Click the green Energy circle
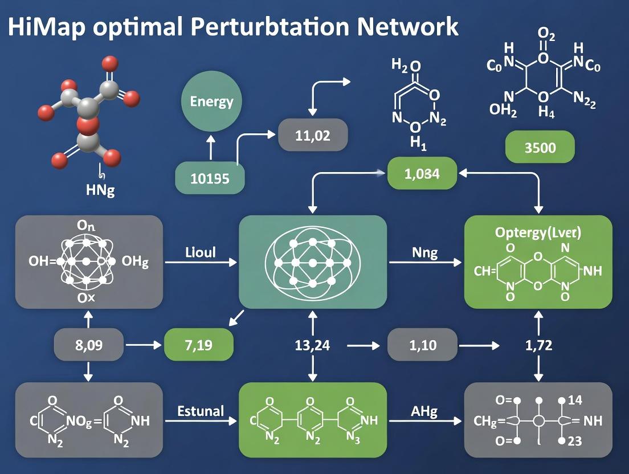pos(211,103)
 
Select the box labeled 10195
pos(210,178)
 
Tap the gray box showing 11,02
pos(313,136)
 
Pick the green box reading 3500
pos(540,147)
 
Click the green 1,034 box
pos(422,174)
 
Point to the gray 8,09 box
pos(88,345)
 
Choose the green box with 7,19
pos(199,345)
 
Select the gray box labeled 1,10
pos(422,345)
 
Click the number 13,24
pos(312,345)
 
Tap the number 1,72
pos(538,345)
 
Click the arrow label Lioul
pos(201,252)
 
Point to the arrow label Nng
pos(424,252)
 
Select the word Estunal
pos(201,410)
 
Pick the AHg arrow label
pos(424,411)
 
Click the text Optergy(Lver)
pos(538,233)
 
